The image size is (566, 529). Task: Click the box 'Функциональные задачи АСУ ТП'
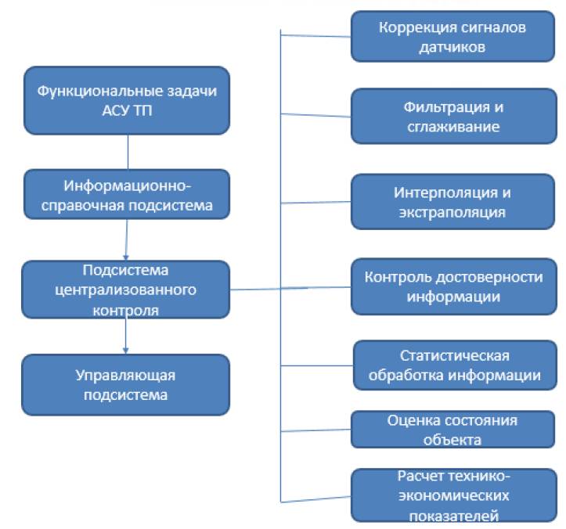click(127, 101)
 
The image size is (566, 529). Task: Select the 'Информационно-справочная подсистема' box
click(127, 196)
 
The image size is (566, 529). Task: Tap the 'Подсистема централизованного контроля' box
click(126, 290)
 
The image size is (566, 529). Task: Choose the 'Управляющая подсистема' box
click(126, 385)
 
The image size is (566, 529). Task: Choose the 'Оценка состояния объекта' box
click(452, 429)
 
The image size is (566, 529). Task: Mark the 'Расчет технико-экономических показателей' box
click(452, 495)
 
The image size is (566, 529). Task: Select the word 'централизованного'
click(126, 290)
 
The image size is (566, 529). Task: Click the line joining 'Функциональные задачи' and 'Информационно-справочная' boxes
click(128, 152)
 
